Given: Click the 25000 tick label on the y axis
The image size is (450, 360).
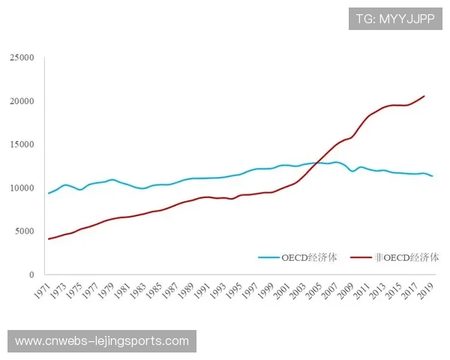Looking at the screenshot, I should click(x=22, y=58).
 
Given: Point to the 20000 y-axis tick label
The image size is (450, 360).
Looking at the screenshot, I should click(x=22, y=101).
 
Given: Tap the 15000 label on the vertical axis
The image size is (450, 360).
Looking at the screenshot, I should click(x=22, y=145).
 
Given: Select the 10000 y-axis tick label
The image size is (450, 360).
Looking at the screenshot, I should click(x=22, y=188).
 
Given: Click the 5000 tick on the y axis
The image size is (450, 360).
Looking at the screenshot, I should click(x=24, y=232).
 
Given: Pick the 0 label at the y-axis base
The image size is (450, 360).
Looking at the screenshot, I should click(x=31, y=275).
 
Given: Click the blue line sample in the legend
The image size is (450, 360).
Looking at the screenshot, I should click(x=268, y=257).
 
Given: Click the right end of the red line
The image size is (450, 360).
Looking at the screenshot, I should click(x=424, y=96).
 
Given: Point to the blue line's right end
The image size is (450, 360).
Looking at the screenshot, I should click(x=433, y=176).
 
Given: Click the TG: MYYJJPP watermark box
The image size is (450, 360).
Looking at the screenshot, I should click(x=395, y=18).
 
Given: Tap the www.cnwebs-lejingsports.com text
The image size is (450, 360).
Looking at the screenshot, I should click(x=102, y=341).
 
